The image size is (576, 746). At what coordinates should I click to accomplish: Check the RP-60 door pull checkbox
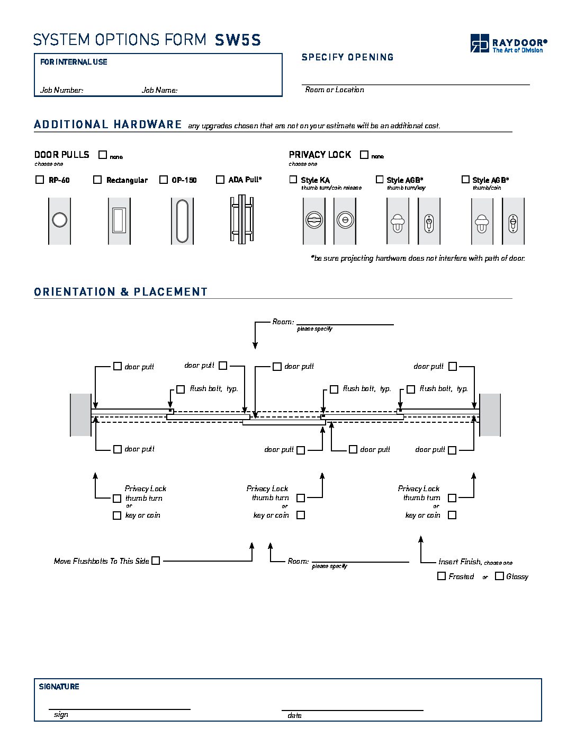[39, 180]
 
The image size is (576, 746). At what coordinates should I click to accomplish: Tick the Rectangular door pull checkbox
[97, 180]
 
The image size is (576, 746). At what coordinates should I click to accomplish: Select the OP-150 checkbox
[164, 180]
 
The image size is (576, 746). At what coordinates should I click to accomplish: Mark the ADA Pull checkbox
[220, 180]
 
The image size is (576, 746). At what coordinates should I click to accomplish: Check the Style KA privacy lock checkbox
[293, 180]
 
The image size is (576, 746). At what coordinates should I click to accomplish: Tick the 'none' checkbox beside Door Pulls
[103, 155]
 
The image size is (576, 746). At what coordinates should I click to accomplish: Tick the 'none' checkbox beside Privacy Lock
[364, 155]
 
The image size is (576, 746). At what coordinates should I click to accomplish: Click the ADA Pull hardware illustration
[241, 219]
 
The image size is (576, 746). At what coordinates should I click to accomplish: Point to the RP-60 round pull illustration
[59, 220]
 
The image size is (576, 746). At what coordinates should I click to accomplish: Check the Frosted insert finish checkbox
[442, 576]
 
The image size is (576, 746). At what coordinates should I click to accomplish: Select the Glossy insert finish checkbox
[499, 576]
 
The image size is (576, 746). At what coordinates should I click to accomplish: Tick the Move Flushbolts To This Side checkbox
[156, 561]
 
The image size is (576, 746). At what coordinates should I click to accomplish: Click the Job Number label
[62, 90]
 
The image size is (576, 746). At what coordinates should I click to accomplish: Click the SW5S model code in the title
[238, 40]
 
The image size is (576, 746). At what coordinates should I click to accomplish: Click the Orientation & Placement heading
[121, 292]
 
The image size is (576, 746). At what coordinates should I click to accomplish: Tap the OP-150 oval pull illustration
[182, 220]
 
